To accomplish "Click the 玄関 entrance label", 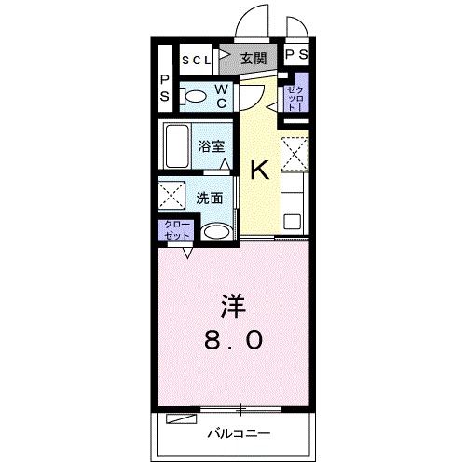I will tap(253, 59).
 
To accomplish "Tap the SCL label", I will tap(197, 60).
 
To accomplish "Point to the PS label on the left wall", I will tap(164, 89).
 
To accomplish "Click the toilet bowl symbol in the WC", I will tap(195, 95).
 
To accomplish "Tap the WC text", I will tap(223, 95).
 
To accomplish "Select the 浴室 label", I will tap(212, 145).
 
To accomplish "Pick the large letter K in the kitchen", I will tap(259, 170).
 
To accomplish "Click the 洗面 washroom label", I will tap(209, 198).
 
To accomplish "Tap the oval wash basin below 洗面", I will tap(215, 232).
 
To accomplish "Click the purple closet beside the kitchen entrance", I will tap(294, 98).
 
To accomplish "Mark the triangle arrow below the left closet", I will tap(187, 252).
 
